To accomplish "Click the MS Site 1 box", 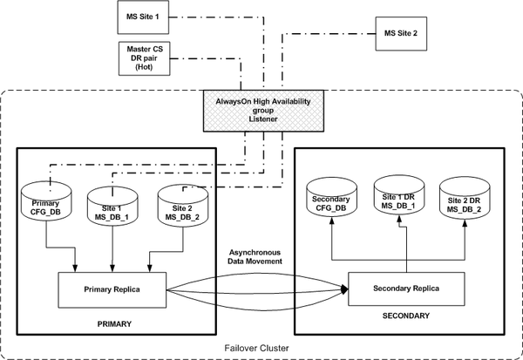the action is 143,17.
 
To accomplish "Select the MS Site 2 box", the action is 401,34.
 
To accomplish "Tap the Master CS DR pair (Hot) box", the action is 145,58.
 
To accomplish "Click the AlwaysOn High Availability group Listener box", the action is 263,111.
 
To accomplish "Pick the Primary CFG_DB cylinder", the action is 46,201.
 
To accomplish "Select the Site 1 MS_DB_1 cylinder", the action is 112,207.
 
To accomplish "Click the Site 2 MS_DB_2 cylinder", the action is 183,206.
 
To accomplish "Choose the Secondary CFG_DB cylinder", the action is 331,197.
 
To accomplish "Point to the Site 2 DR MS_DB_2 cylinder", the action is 465,198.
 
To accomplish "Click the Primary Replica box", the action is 112,290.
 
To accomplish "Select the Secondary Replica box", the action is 406,289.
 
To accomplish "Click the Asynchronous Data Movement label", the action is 255,257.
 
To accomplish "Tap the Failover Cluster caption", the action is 256,349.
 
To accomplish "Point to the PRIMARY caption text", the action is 114,324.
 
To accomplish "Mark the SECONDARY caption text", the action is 406,316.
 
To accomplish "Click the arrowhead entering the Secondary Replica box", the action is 344,289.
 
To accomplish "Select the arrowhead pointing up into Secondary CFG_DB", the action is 332,221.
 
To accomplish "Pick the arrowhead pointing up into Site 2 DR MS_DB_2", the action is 465,223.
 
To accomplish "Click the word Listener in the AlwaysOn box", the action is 263,119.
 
